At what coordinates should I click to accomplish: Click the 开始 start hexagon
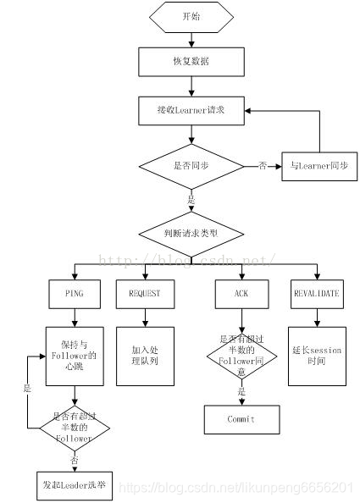click(x=192, y=16)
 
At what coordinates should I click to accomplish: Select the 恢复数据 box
click(x=192, y=61)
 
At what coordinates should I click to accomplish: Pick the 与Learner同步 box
click(x=318, y=166)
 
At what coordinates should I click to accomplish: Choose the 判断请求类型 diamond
click(x=192, y=232)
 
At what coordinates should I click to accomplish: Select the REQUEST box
click(x=144, y=293)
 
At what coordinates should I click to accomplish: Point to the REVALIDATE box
click(x=317, y=293)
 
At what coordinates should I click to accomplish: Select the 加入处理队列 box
click(x=144, y=350)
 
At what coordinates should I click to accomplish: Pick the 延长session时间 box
click(x=317, y=350)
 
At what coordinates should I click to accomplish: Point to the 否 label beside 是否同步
click(x=263, y=166)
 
